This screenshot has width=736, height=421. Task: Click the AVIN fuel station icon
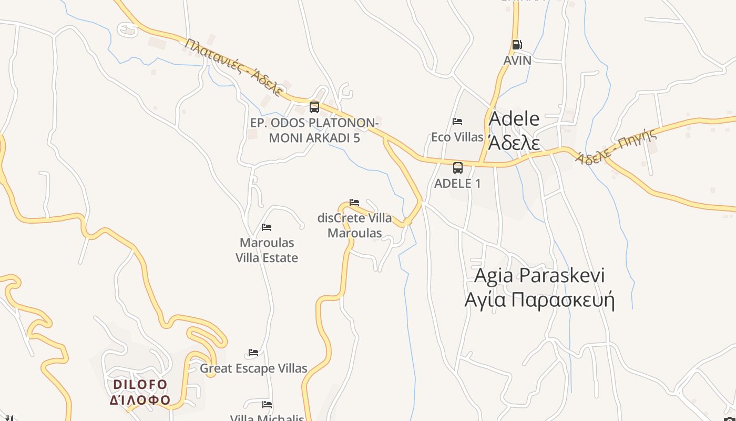tap(517, 45)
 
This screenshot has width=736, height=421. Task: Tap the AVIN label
tap(517, 60)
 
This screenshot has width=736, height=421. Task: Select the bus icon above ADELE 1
tap(458, 168)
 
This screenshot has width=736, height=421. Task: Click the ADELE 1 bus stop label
tap(457, 184)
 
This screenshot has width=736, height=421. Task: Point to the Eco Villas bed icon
tap(457, 122)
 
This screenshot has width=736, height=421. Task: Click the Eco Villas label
tap(457, 137)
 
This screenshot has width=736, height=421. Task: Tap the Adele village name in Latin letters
tap(514, 119)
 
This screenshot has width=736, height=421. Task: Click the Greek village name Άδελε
tap(514, 142)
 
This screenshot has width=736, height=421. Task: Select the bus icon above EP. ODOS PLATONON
tap(314, 107)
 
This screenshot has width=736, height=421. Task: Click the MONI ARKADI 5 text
tap(314, 138)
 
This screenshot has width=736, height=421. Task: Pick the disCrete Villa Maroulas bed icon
tap(354, 202)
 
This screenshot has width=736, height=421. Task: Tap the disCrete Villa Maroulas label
tap(354, 225)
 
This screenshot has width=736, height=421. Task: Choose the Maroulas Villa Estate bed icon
tap(267, 227)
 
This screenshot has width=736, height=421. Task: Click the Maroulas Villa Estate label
tap(267, 250)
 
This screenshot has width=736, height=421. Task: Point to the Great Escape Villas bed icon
tap(253, 353)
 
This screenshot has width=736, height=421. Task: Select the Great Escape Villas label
tap(253, 368)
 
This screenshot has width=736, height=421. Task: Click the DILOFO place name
tap(140, 385)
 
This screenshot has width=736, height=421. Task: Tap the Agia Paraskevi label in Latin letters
tap(539, 275)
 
